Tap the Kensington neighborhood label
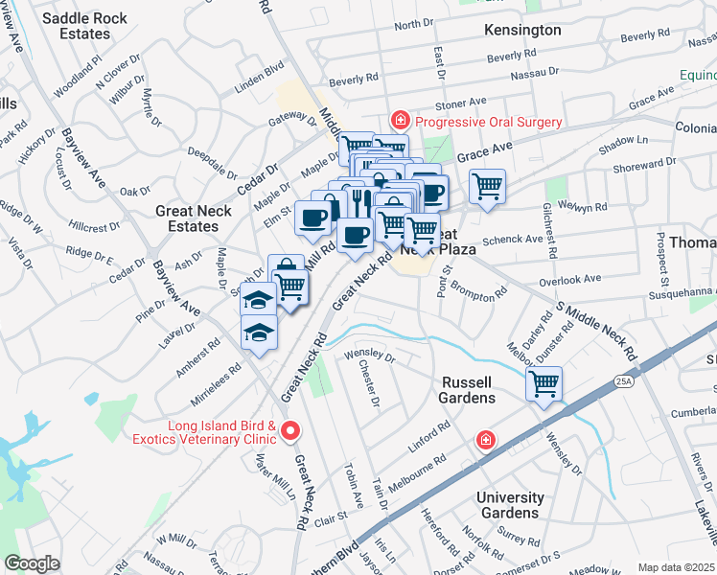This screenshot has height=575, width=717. pos(523,30)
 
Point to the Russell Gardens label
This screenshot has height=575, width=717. pos(468,389)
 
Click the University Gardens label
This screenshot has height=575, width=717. pos(510,505)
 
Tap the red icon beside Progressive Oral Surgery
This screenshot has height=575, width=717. pos(399,121)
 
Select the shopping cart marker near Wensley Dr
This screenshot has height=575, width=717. pos(544,384)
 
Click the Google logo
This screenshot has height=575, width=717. pos(32,563)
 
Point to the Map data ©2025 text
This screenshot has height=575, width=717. pos(676,567)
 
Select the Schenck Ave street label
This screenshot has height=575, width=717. pos(513,240)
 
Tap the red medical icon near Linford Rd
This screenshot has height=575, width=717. pos(487,440)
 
